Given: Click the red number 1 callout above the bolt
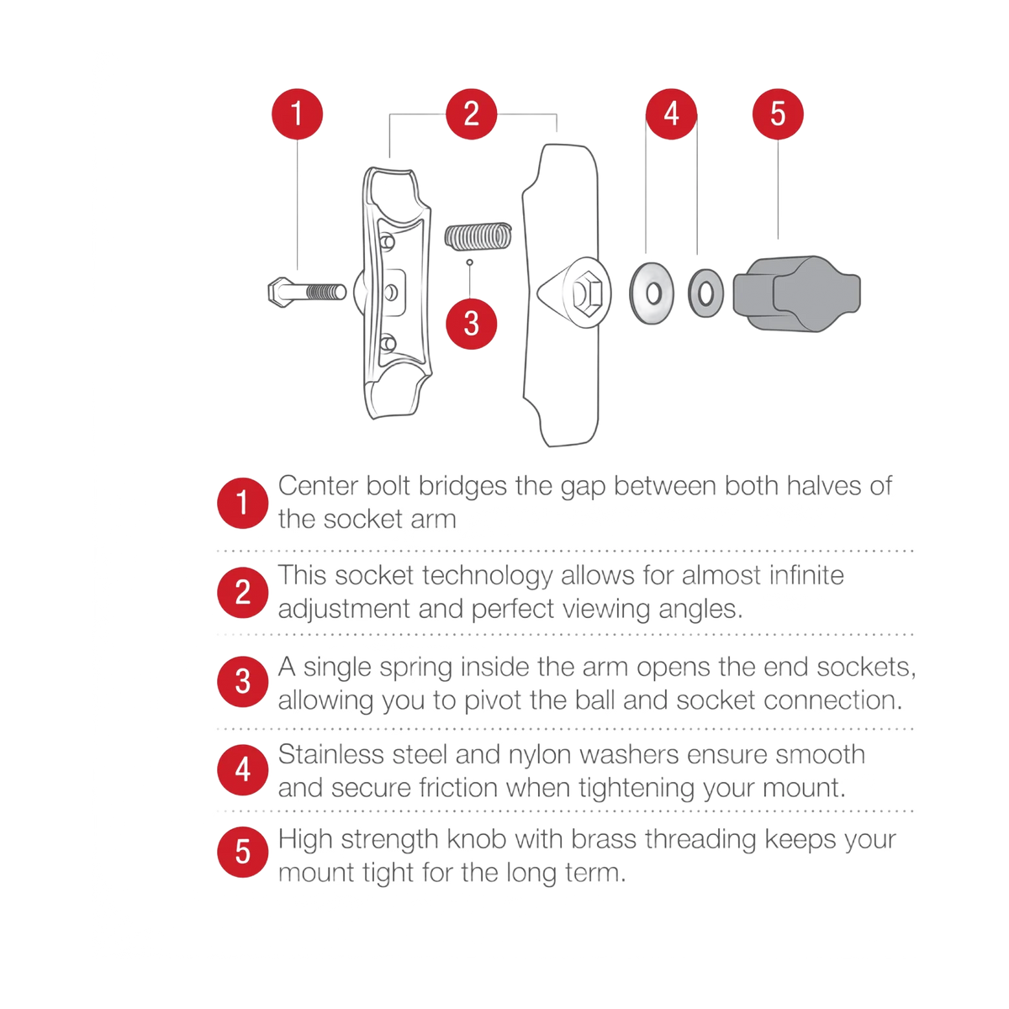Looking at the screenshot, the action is [x=297, y=114].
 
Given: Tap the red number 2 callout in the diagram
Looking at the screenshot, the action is [x=471, y=114].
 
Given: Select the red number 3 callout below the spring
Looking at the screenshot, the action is [x=471, y=324].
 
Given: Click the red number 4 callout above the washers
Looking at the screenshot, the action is [x=671, y=114].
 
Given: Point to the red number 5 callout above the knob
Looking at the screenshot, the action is [x=778, y=114].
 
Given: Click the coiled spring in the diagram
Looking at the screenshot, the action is [x=478, y=236].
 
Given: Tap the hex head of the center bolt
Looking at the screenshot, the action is [x=280, y=292].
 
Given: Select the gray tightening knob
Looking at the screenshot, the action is [x=796, y=293].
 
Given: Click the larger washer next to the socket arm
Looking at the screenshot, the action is [x=652, y=293].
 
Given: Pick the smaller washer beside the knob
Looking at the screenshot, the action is [x=705, y=293].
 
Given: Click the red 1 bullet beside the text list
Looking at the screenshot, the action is [x=243, y=503].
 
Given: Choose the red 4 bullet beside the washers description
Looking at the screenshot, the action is [x=243, y=769].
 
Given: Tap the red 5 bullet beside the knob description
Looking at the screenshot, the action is [x=243, y=852].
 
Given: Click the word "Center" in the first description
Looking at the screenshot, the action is [x=318, y=486].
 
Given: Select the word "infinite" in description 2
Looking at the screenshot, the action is [x=807, y=575].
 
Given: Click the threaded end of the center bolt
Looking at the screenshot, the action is [x=325, y=292].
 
